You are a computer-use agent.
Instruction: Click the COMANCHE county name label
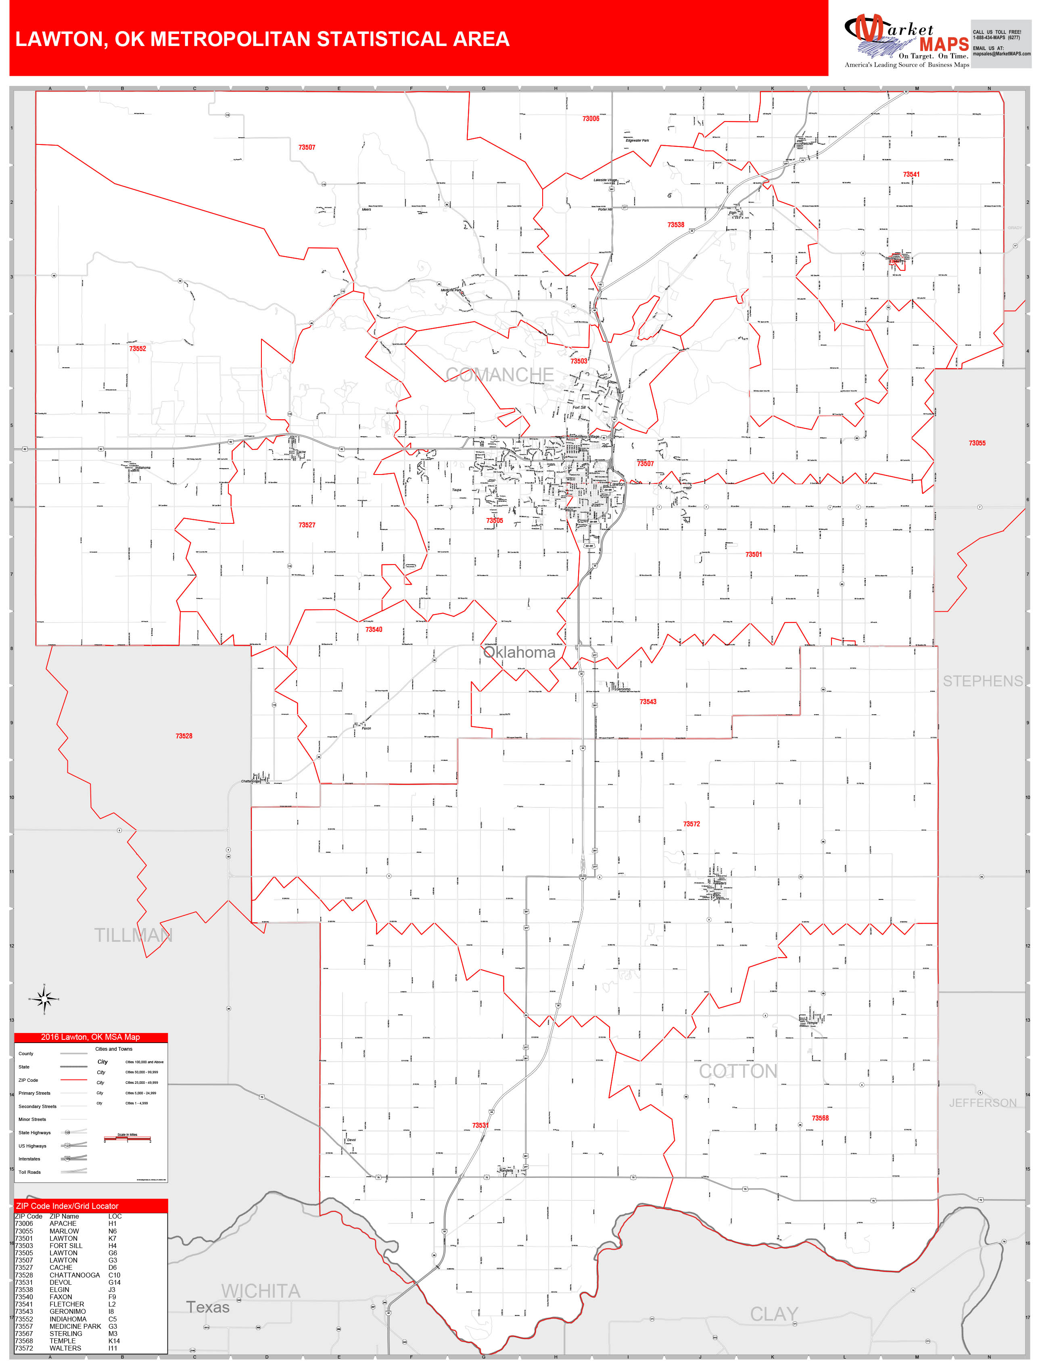coord(499,374)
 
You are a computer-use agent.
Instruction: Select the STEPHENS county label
coord(982,681)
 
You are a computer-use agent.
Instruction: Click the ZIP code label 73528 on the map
coord(184,736)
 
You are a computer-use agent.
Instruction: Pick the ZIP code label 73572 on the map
coord(691,824)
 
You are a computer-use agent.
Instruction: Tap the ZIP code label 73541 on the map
coord(911,174)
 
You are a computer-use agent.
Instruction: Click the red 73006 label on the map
coord(590,119)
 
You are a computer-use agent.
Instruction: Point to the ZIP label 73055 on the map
coord(977,443)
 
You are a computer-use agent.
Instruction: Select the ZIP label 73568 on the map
coord(820,1118)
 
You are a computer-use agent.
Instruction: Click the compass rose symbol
coord(44,998)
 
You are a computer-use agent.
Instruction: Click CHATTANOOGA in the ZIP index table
coord(75,1275)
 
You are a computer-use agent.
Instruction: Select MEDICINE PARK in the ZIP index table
coord(75,1326)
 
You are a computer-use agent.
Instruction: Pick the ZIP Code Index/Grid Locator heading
coord(67,1205)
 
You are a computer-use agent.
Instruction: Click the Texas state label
coord(208,1307)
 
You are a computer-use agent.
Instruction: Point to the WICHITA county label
coord(261,1290)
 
